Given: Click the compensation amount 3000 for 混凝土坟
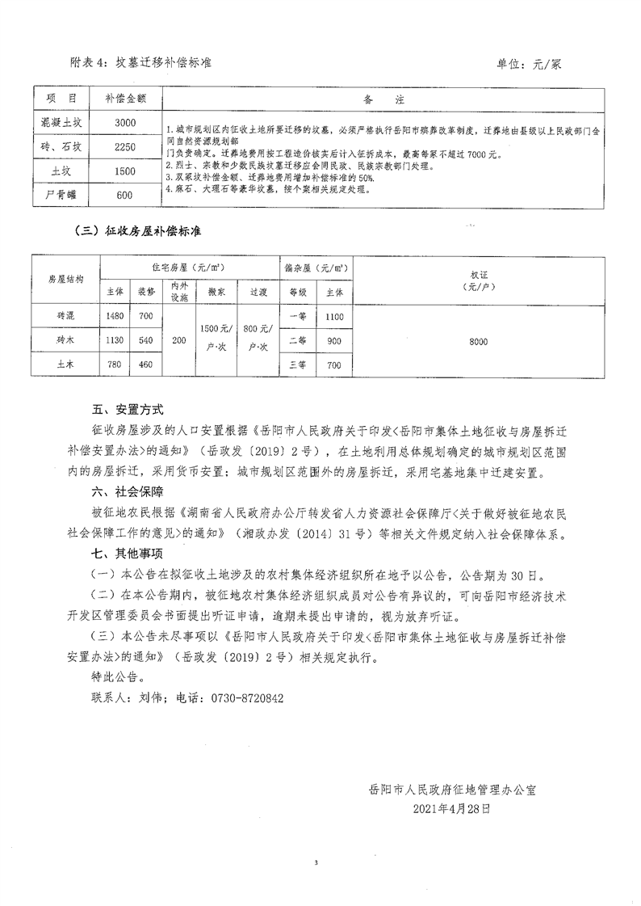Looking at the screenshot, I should [125, 123].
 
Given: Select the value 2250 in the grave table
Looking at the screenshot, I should [125, 147].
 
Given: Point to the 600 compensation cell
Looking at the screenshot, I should [124, 195].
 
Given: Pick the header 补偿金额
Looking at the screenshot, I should [125, 99].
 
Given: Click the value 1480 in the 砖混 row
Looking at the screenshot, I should [115, 315].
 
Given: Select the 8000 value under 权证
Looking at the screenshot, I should [478, 342].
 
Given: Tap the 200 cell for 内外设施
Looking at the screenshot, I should [178, 342].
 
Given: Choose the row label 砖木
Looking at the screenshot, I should [65, 341].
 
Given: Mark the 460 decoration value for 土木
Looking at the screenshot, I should [145, 365].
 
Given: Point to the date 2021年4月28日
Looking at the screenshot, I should [451, 807].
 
